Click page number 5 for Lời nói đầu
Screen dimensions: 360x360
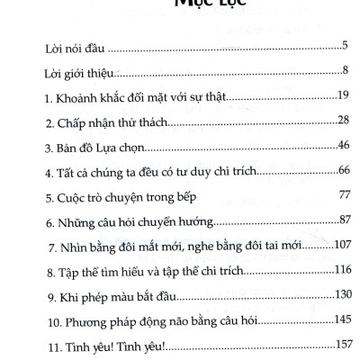(346, 45)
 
